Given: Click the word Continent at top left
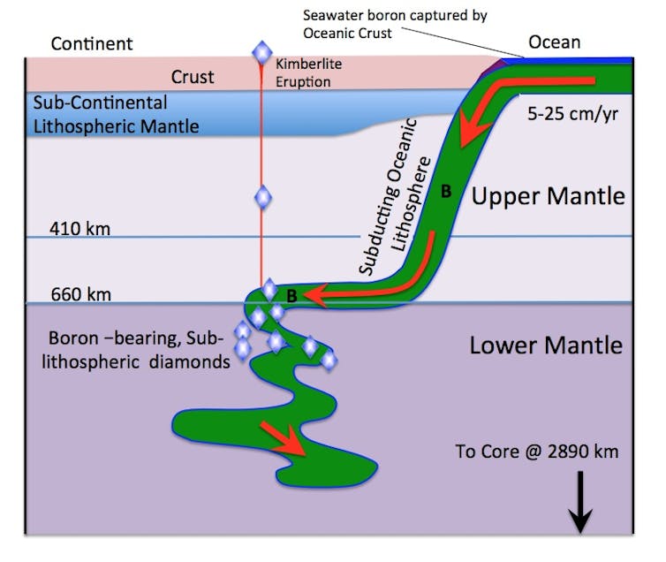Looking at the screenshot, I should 92,43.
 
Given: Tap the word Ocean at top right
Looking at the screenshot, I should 554,42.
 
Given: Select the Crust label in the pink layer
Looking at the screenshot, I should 193,77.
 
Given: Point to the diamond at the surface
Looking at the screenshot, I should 261,53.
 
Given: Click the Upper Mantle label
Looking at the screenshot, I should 548,196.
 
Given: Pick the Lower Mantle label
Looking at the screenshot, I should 546,345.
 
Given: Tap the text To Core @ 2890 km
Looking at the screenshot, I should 537,452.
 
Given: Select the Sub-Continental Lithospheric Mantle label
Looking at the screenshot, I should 115,115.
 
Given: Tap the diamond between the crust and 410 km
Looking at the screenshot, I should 261,197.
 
